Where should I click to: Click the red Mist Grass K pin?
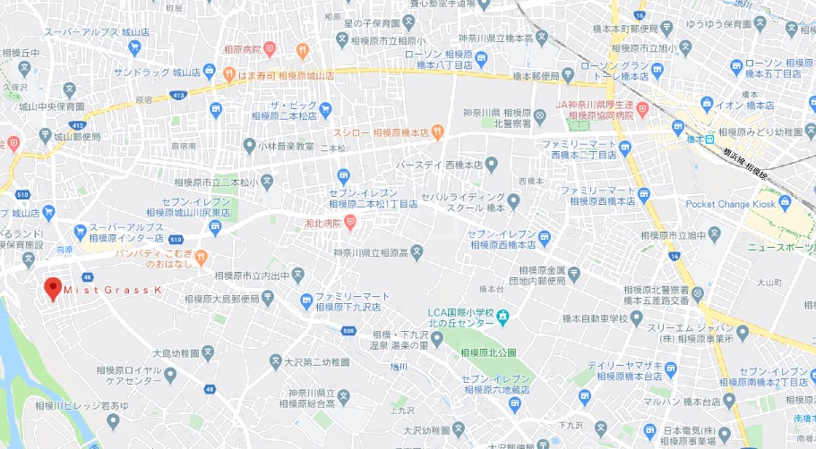tap(53, 288)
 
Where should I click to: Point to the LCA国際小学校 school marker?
tap(502, 316)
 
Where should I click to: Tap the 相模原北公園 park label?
tap(491, 352)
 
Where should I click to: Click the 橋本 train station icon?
tap(709, 139)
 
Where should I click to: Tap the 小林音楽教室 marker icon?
tap(249, 145)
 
